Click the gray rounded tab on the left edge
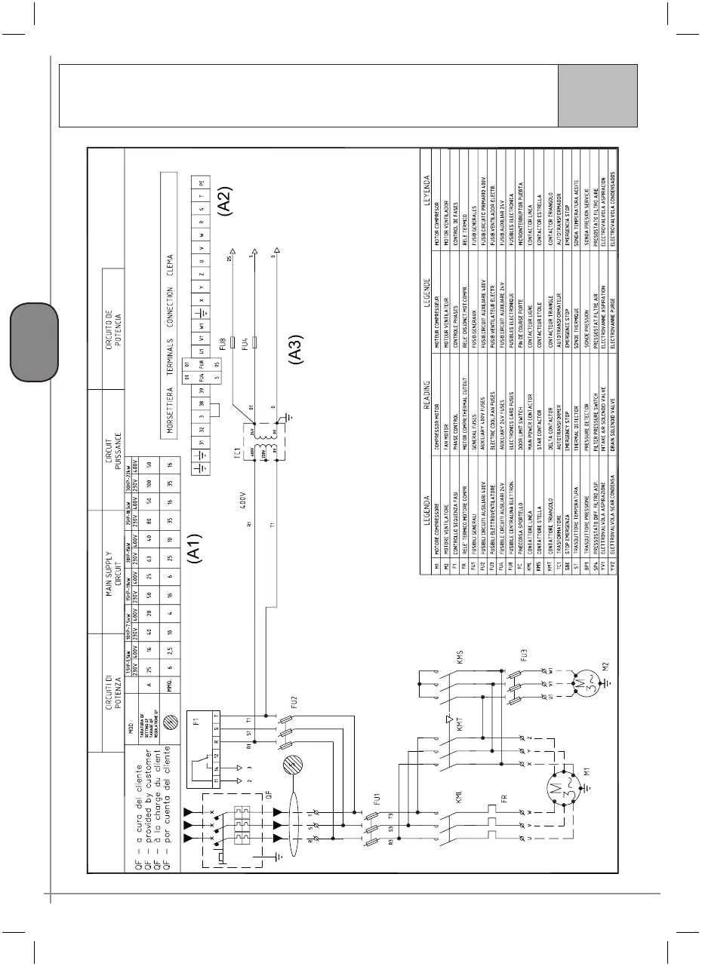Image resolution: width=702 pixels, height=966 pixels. [x=34, y=341]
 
